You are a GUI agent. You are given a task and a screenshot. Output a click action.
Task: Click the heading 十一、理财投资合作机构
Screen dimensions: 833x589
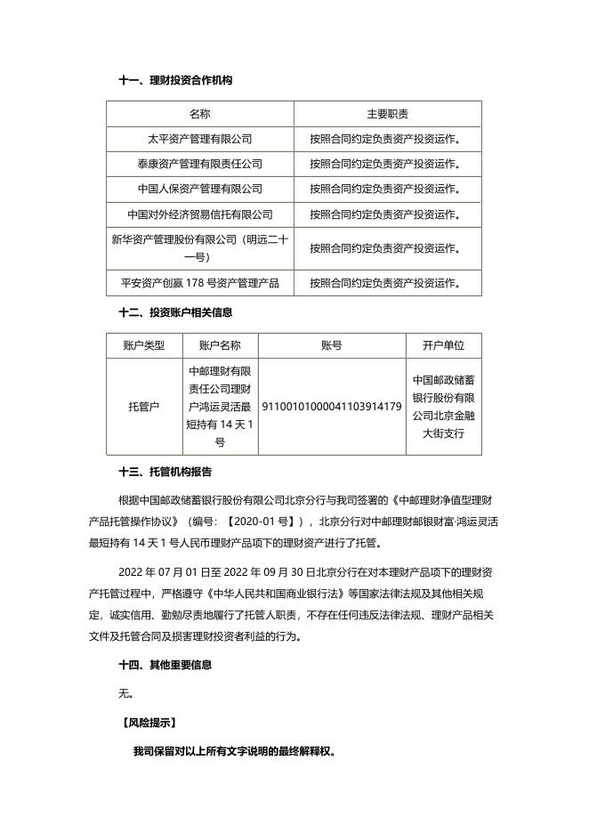tap(175, 80)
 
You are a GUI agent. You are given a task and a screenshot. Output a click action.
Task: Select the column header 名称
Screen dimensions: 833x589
tap(200, 114)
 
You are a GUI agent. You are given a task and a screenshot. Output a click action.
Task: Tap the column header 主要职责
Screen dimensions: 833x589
tap(388, 114)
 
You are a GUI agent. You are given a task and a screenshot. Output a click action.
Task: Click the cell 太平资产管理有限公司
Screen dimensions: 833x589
tap(200, 139)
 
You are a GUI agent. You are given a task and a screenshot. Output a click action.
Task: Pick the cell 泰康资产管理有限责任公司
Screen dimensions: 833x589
tap(200, 164)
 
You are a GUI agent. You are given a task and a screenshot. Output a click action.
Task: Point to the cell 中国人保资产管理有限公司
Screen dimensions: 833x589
tap(200, 189)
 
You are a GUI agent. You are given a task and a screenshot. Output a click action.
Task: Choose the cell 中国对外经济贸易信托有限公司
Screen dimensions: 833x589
tap(200, 214)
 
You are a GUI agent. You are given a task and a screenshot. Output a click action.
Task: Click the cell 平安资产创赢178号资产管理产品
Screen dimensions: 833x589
tap(200, 283)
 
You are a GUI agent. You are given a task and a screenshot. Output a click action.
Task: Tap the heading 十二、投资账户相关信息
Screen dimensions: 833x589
tap(175, 312)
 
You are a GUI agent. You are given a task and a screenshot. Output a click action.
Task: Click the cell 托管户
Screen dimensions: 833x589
tap(144, 407)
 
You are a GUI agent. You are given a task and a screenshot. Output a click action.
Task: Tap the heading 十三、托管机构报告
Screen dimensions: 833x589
tap(165, 471)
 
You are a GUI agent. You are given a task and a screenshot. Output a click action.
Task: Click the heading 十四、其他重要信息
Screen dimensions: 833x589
tap(165, 664)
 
